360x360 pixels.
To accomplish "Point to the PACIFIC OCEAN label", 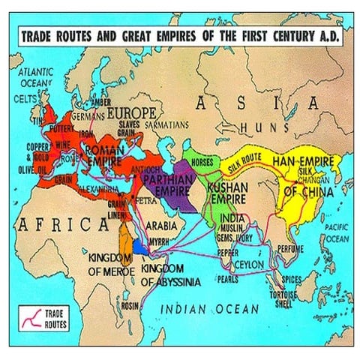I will tap(334, 233).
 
